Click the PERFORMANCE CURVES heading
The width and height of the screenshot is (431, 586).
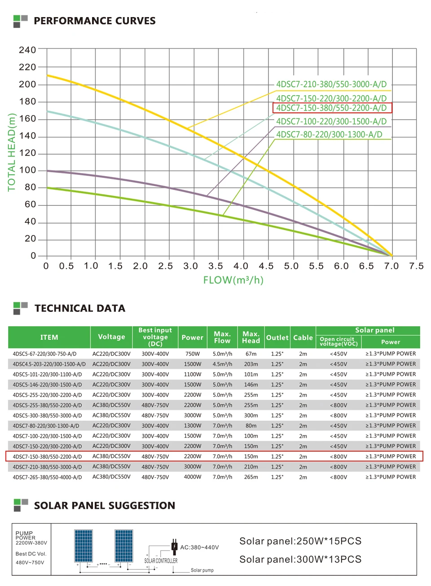pyautogui.click(x=95, y=21)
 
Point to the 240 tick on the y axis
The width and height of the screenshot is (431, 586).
pyautogui.click(x=27, y=50)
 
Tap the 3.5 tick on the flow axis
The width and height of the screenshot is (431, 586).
pyautogui.click(x=215, y=266)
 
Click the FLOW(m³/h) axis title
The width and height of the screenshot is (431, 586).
pyautogui.click(x=233, y=280)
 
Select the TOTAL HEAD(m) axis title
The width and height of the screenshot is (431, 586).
pyautogui.click(x=12, y=152)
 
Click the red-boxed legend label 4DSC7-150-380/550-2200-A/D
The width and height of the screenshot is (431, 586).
pyautogui.click(x=331, y=108)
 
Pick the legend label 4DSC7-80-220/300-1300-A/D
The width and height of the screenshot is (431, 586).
pyautogui.click(x=330, y=134)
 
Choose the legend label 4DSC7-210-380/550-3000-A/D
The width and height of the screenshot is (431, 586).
pyautogui.click(x=331, y=84)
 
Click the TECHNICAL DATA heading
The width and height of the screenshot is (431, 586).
pyautogui.click(x=80, y=308)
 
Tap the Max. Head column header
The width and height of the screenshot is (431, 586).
pyautogui.click(x=251, y=337)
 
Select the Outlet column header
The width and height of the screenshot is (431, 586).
pyautogui.click(x=277, y=337)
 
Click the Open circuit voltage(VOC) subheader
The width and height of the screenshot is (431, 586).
pyautogui.click(x=339, y=342)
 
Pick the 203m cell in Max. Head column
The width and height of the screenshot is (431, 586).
pyautogui.click(x=251, y=364)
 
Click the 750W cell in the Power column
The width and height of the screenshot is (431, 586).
pyautogui.click(x=192, y=354)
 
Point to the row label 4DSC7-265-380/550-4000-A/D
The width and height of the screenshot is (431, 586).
pyautogui.click(x=47, y=477)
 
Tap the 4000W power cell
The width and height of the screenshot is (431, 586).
pyautogui.click(x=192, y=477)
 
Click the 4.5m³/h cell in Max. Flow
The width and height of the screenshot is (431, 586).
pyautogui.click(x=222, y=364)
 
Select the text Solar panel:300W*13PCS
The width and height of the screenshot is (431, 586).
pyautogui.click(x=300, y=559)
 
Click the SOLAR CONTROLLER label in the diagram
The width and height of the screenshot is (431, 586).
pyautogui.click(x=161, y=561)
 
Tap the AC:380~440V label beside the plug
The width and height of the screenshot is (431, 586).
pyautogui.click(x=199, y=547)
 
